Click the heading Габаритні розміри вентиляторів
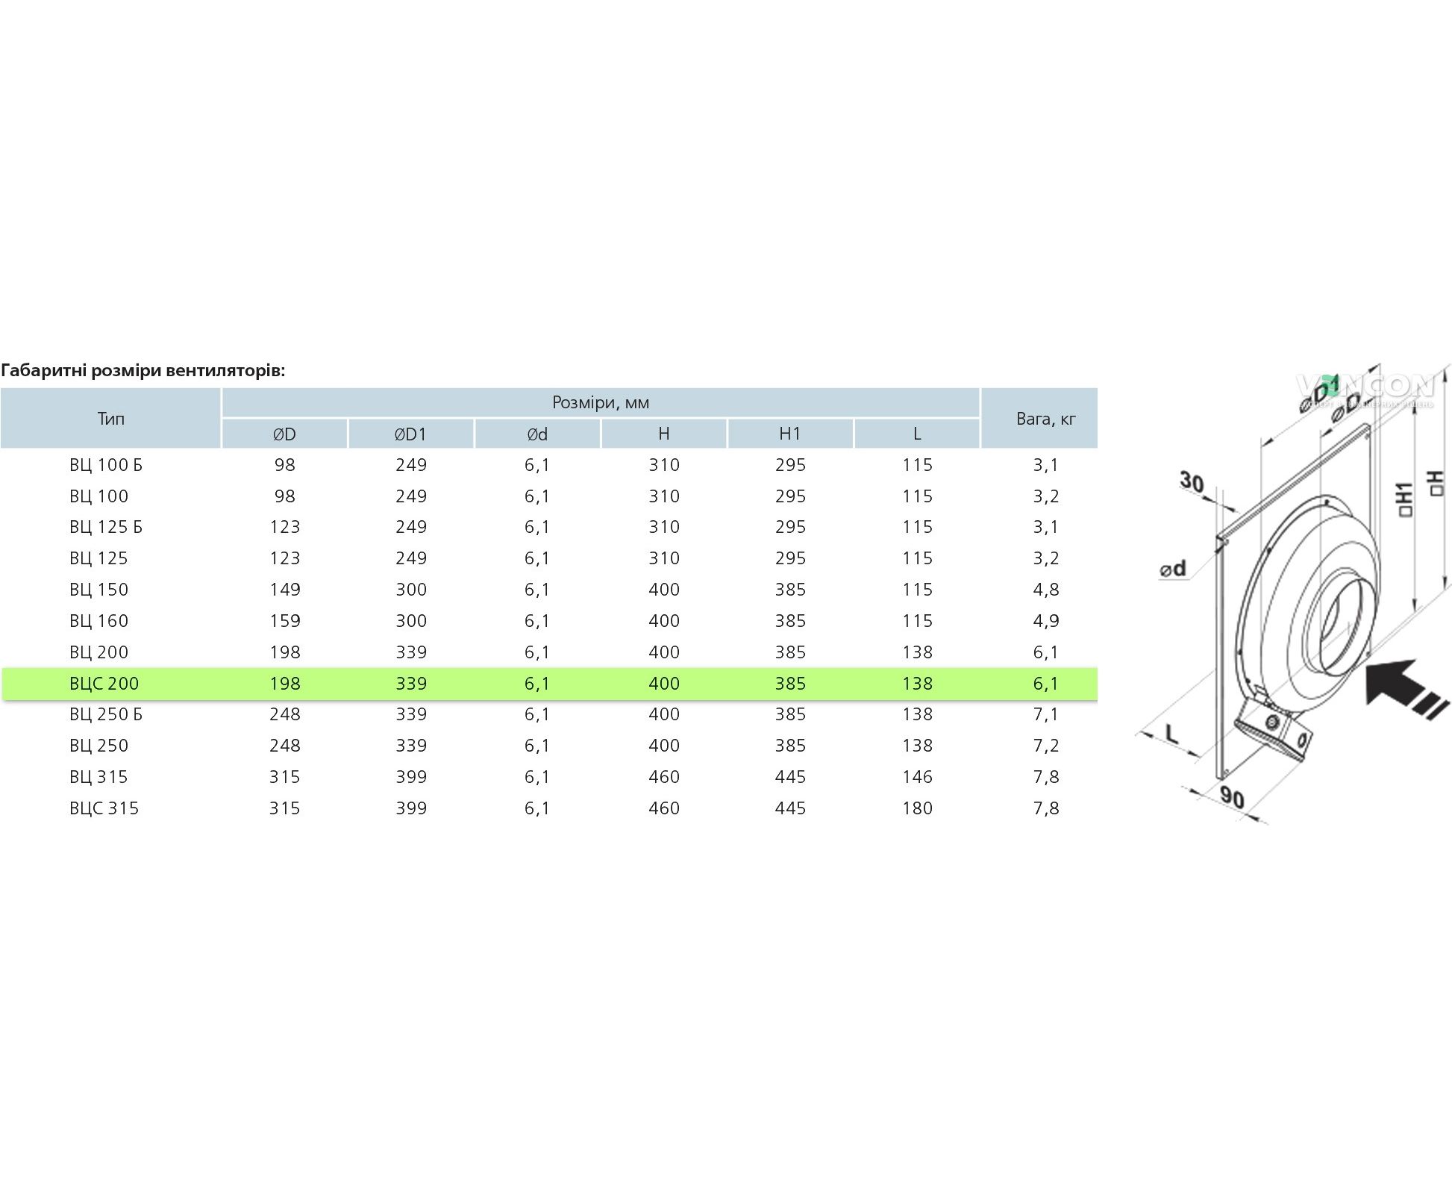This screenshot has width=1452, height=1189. click(x=143, y=371)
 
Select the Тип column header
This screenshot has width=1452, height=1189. click(x=110, y=418)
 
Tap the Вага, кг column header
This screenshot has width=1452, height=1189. click(x=1046, y=419)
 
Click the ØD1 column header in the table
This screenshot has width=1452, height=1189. click(x=411, y=434)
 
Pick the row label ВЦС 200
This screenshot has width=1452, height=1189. click(x=104, y=683)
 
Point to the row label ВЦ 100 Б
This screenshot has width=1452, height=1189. click(x=106, y=465)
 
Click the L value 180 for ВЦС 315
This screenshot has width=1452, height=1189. click(x=917, y=808)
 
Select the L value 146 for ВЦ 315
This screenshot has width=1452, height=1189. click(x=917, y=777)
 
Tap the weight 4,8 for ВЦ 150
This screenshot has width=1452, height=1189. click(x=1046, y=590)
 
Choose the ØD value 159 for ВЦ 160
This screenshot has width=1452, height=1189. click(x=285, y=621)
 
